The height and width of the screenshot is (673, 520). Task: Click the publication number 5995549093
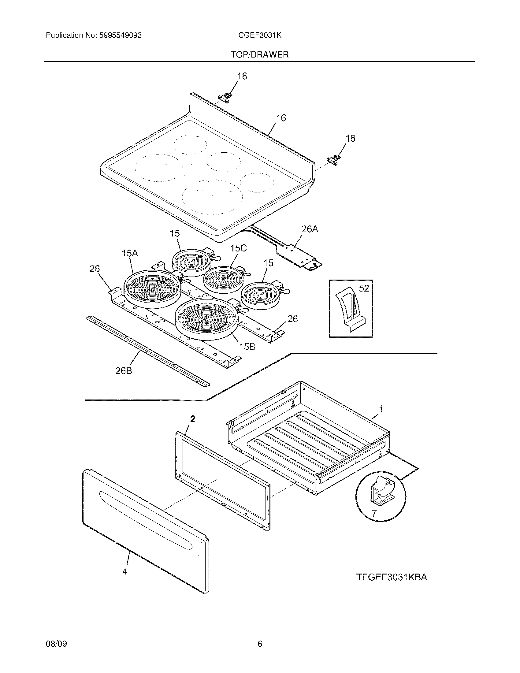pos(120,35)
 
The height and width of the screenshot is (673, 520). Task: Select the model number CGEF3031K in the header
pos(259,35)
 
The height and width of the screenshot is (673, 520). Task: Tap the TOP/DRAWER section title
pos(259,55)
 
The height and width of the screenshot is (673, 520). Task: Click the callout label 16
pos(280,118)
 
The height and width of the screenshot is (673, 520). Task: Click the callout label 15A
pos(130,253)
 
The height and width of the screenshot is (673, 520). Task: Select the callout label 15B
pos(247,347)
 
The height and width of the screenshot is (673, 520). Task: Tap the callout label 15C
pos(239,248)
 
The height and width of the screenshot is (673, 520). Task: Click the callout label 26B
pos(124,371)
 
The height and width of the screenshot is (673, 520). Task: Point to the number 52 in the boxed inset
pos(364,288)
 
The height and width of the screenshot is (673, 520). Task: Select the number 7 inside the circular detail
pos(374,513)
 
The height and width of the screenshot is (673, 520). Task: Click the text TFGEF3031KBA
pos(392,577)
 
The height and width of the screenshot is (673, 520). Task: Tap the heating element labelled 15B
pos(206,319)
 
